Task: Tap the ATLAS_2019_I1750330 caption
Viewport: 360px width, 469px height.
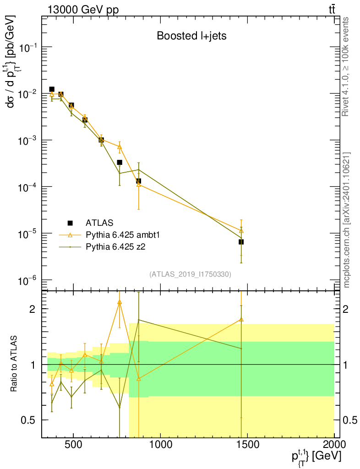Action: click(x=190, y=274)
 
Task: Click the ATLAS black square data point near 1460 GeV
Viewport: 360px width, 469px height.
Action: click(x=241, y=241)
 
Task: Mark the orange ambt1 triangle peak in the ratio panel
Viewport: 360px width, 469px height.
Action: click(x=120, y=302)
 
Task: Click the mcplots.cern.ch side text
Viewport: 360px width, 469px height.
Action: click(x=347, y=220)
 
